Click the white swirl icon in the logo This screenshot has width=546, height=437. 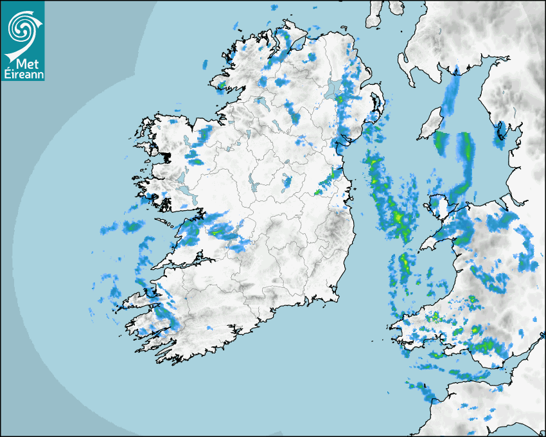click(22, 28)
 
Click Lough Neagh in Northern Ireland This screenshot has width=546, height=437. click(333, 90)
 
